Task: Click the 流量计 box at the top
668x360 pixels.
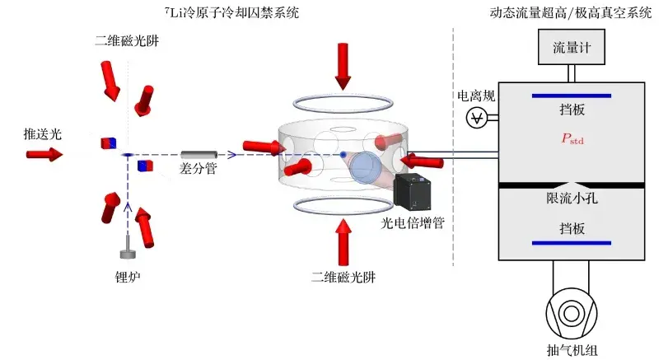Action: pos(572,48)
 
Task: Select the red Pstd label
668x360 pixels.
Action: pos(572,139)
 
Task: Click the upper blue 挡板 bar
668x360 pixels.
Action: pos(572,96)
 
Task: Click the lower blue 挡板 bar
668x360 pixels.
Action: pos(572,242)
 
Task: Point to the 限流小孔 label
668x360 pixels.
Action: pos(572,199)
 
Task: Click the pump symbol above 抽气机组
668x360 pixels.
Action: pos(572,316)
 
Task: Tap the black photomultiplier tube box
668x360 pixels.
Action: pos(415,191)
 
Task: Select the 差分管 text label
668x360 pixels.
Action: pos(197,168)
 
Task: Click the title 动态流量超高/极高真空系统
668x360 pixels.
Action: pos(571,12)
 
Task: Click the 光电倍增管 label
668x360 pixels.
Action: pos(412,223)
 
